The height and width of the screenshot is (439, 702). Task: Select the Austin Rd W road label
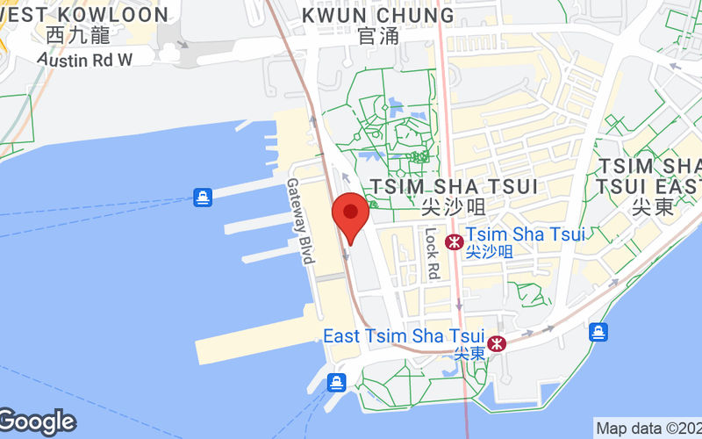pyautogui.click(x=85, y=59)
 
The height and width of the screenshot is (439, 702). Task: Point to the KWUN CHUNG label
pyautogui.click(x=378, y=15)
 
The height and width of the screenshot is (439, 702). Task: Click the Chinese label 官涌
pyautogui.click(x=378, y=36)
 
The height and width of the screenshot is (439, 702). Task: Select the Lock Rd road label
pyautogui.click(x=431, y=252)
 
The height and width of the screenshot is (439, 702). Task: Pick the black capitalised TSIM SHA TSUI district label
pyautogui.click(x=454, y=186)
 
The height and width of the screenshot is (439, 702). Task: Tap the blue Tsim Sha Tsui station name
pyautogui.click(x=525, y=234)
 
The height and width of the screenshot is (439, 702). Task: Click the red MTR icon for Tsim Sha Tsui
pyautogui.click(x=455, y=242)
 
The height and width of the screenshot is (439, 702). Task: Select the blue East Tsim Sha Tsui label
pyautogui.click(x=404, y=335)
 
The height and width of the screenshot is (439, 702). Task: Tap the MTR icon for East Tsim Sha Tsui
pyautogui.click(x=498, y=343)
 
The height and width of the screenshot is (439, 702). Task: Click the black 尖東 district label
pyautogui.click(x=649, y=208)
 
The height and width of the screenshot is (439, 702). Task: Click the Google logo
pyautogui.click(x=37, y=421)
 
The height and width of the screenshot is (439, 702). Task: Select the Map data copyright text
pyautogui.click(x=648, y=428)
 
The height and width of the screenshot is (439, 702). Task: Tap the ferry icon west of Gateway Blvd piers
pyautogui.click(x=204, y=198)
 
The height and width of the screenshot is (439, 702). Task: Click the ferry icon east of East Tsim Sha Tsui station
pyautogui.click(x=598, y=331)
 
